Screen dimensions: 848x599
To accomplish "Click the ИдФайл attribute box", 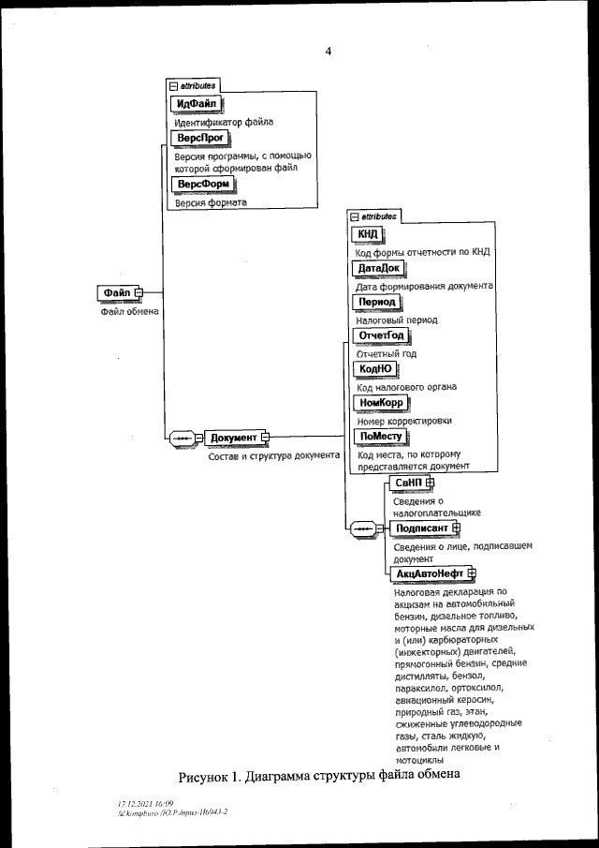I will tap(194, 103).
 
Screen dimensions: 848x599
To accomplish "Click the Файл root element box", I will tap(116, 293).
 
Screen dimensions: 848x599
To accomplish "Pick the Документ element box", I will tap(233, 438).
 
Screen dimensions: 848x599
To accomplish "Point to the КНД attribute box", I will tap(364, 234).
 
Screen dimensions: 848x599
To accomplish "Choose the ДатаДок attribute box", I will tap(376, 268).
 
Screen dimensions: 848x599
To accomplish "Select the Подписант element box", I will tap(419, 528).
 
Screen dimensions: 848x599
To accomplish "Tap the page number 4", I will tap(328, 52).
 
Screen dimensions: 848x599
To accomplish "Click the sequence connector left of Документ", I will tap(180, 438).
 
